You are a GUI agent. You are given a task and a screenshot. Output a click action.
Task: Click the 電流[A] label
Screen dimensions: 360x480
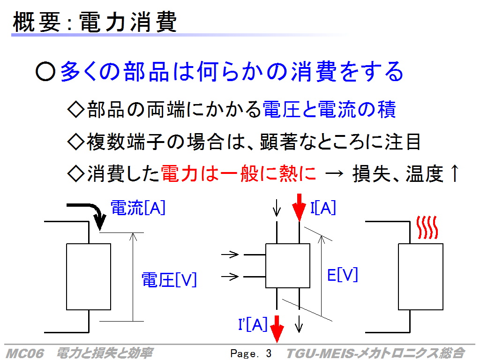tap(138, 208)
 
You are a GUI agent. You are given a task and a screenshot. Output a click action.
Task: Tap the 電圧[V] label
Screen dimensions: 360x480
tap(169, 280)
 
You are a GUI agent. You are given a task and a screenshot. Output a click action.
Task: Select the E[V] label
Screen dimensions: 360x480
tap(342, 275)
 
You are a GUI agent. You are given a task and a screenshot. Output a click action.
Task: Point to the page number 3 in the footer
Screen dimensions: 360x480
tap(269, 353)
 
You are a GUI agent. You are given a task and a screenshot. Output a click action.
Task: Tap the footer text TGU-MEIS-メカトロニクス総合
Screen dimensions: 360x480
tap(375, 353)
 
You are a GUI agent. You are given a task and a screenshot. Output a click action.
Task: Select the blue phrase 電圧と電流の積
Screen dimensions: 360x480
tap(330, 110)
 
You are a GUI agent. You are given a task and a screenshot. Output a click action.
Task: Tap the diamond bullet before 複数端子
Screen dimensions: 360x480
tap(75, 142)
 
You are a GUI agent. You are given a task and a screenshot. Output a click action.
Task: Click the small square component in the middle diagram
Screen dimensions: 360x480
tap(288, 266)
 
